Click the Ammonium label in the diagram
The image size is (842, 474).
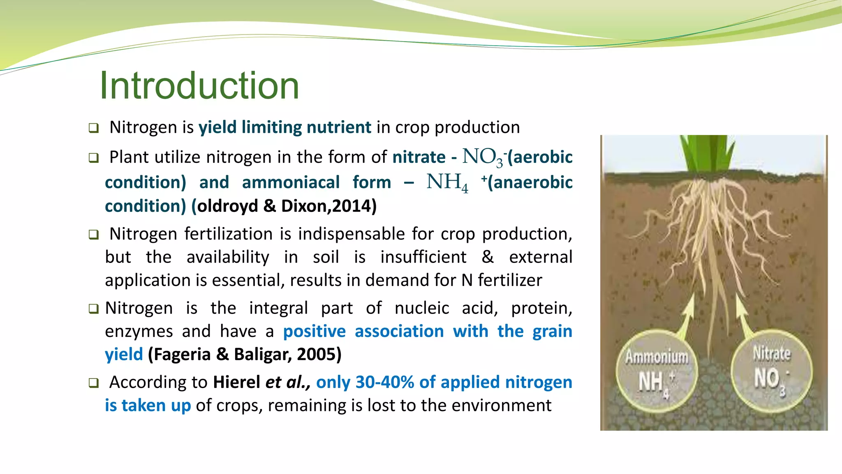[657, 356]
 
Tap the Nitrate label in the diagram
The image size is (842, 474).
[771, 353]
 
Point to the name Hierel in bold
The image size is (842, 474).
[236, 382]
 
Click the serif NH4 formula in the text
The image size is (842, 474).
[447, 182]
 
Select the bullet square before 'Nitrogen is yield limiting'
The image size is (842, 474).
[94, 128]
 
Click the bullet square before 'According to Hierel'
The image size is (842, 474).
[94, 383]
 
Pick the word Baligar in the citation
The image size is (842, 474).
[263, 354]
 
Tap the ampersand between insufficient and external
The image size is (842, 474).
[488, 257]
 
